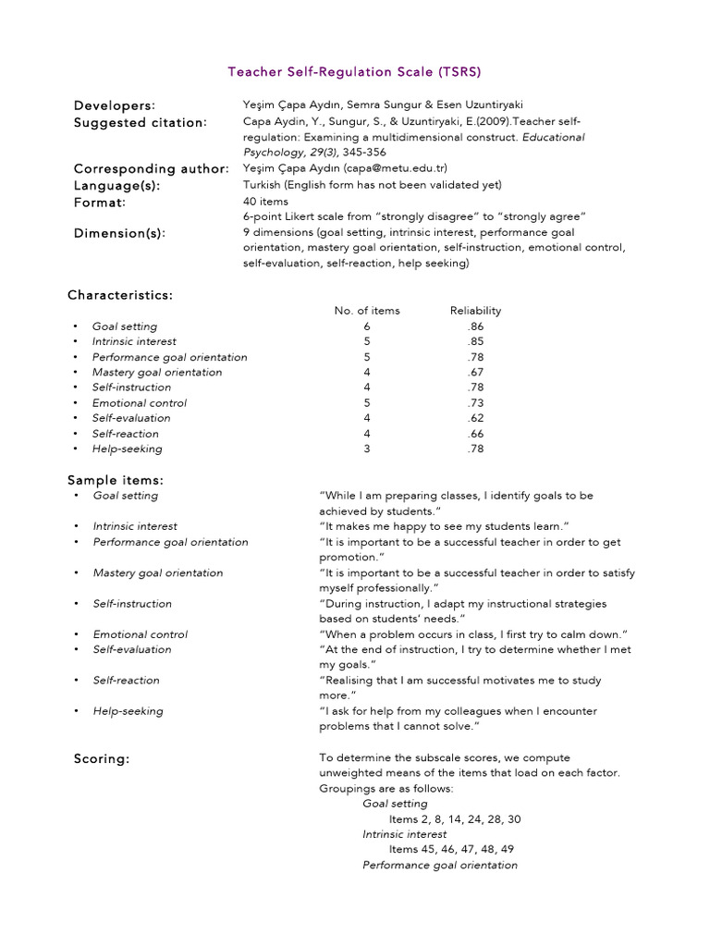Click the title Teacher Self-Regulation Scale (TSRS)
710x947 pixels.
(355, 71)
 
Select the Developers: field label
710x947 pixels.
(115, 105)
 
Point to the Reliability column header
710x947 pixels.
(475, 311)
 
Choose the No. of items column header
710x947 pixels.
(367, 311)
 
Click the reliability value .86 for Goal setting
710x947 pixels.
(475, 326)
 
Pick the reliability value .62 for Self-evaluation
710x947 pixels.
(475, 418)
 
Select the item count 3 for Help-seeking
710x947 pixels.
(367, 449)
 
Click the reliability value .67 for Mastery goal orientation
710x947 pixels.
(475, 372)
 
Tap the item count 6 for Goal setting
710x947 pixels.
(367, 326)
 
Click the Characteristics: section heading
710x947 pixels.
(120, 295)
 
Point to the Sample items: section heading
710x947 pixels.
(116, 480)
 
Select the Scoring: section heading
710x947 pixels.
(102, 759)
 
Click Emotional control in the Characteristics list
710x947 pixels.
(140, 403)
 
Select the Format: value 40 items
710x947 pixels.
(265, 201)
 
